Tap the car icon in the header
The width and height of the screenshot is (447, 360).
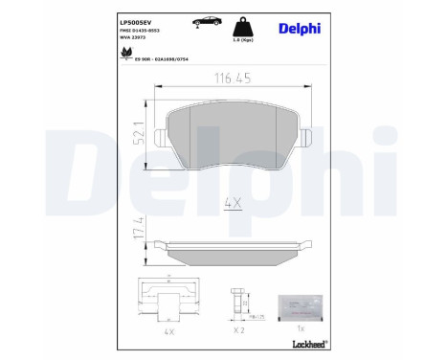tap(207, 20)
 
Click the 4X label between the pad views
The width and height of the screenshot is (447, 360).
tap(230, 203)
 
